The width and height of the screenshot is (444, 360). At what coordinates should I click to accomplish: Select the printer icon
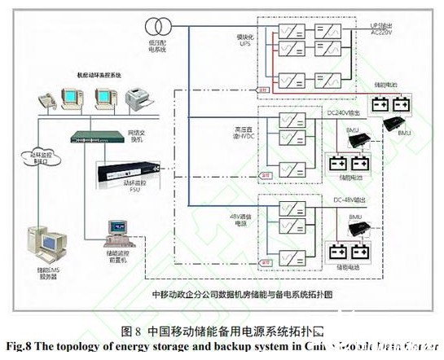tap(137, 100)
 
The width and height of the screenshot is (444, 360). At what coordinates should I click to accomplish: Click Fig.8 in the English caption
tap(20, 346)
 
